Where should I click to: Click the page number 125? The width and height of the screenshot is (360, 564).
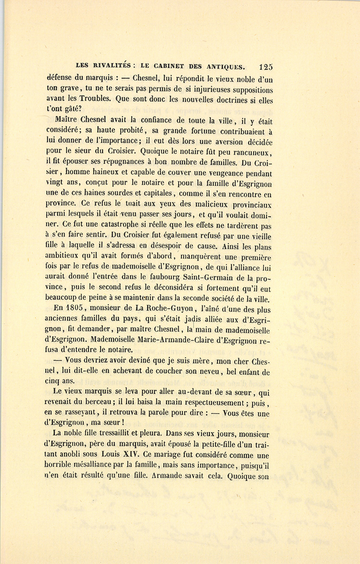(266, 67)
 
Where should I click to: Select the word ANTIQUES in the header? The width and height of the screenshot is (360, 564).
(224, 66)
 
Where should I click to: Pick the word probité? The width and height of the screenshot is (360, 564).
(123, 131)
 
